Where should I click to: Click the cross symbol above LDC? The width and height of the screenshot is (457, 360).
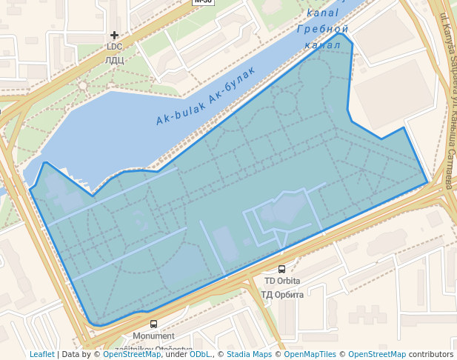pyautogui.click(x=114, y=35)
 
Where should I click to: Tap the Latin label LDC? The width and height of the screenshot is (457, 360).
pyautogui.click(x=114, y=47)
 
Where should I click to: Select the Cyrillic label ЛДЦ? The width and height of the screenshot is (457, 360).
pyautogui.click(x=114, y=60)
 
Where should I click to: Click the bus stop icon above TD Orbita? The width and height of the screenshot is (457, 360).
pyautogui.click(x=281, y=270)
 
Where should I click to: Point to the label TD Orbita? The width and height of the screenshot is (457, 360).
pyautogui.click(x=282, y=281)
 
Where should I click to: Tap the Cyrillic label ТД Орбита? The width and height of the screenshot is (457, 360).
pyautogui.click(x=282, y=295)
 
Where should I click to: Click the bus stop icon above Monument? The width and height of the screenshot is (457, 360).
pyautogui.click(x=153, y=324)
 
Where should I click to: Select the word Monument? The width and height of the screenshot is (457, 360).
pyautogui.click(x=153, y=336)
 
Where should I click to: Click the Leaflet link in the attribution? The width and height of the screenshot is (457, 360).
pyautogui.click(x=41, y=355)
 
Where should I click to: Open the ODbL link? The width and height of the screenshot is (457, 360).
pyautogui.click(x=200, y=355)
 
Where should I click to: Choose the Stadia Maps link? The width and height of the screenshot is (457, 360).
pyautogui.click(x=249, y=355)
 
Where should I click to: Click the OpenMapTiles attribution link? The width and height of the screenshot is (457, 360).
pyautogui.click(x=310, y=355)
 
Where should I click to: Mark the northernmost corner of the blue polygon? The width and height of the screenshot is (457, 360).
pyautogui.click(x=339, y=33)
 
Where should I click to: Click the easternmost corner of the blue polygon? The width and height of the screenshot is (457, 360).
pyautogui.click(x=428, y=182)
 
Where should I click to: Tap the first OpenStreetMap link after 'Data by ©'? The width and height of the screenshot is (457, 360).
pyautogui.click(x=131, y=355)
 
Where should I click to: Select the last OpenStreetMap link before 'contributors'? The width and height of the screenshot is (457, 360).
pyautogui.click(x=376, y=355)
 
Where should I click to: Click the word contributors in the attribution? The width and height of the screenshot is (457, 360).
pyautogui.click(x=431, y=355)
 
